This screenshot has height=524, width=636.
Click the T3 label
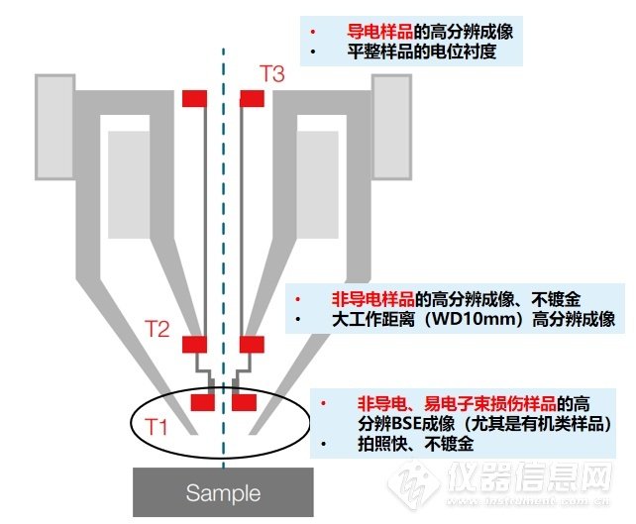coord(271,73)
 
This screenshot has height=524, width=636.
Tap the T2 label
coord(157,329)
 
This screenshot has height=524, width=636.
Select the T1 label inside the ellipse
coord(157,427)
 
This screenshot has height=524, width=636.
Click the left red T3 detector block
coord(195,98)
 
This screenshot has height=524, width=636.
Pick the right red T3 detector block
coord(252,98)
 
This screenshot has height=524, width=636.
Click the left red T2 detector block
coord(195,345)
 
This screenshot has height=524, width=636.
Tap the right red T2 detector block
coord(252,345)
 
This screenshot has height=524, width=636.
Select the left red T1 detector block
coord(203,402)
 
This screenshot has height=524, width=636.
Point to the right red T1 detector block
coord(244,402)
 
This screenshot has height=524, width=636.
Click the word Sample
coord(223,493)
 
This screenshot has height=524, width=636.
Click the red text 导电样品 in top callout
coord(380,32)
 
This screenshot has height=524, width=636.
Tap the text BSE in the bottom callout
coord(407,424)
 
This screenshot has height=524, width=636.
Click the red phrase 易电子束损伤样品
coord(489,403)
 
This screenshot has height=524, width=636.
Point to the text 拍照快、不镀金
coord(415,444)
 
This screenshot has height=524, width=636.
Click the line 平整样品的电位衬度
coord(422,52)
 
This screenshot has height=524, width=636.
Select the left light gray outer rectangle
coord(55,127)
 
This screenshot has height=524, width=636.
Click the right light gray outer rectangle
coord(392,127)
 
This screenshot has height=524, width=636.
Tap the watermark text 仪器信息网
coord(529,477)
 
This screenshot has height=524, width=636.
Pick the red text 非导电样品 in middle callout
coord(373,299)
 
